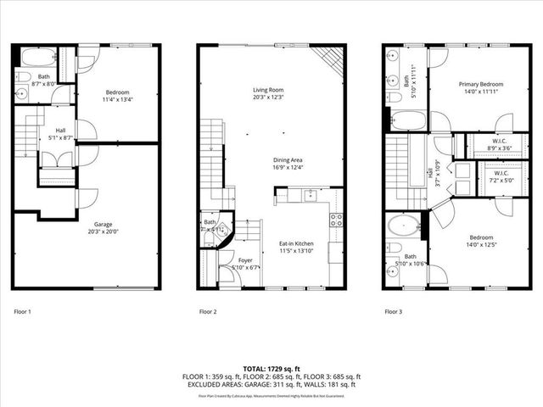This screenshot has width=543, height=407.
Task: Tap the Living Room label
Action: pos(267,90)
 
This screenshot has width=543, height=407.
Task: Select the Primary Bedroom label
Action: pos(481,84)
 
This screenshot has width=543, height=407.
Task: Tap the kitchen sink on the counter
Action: pos(308,196)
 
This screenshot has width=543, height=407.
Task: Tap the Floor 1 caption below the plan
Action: pos(22,312)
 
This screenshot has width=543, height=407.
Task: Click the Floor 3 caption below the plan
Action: pos(393,312)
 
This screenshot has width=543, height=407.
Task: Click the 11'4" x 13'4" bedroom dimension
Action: pos(117,99)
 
